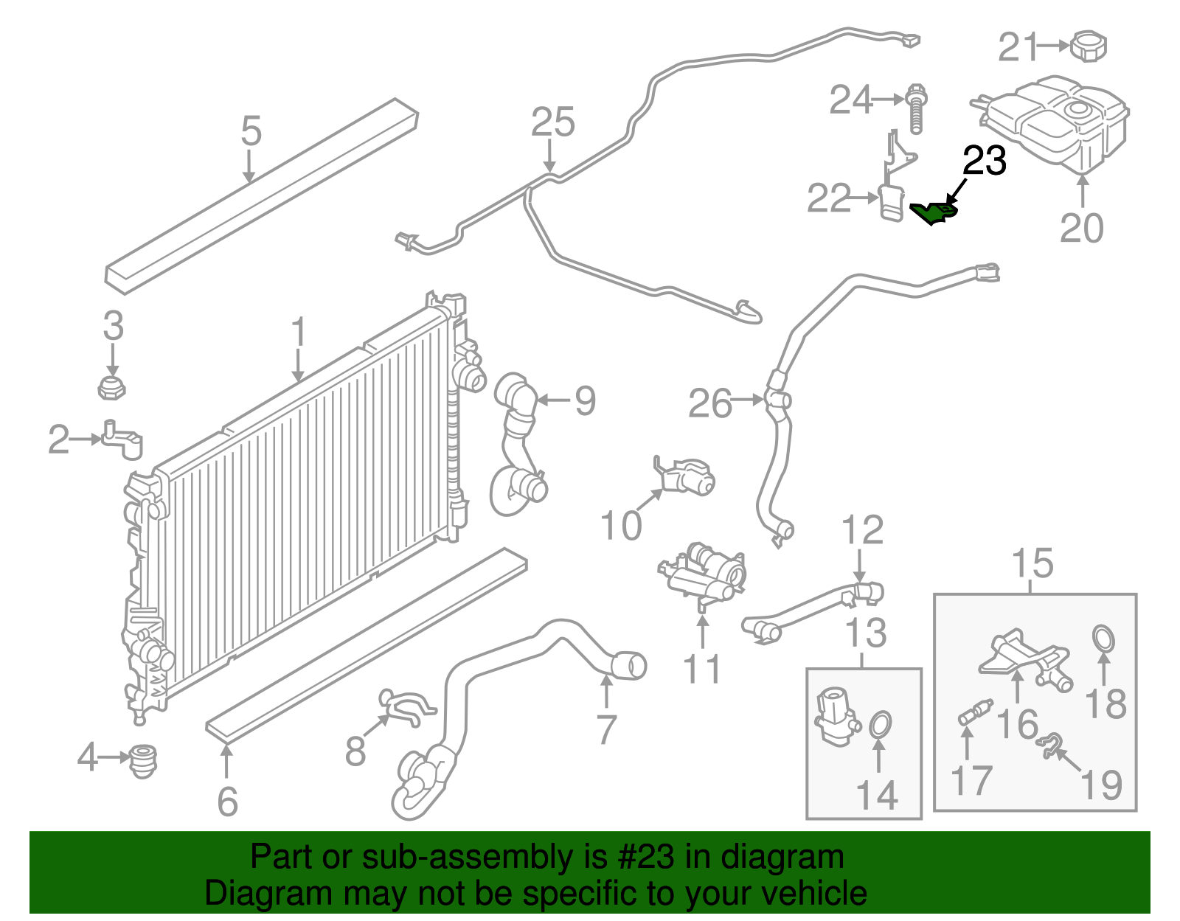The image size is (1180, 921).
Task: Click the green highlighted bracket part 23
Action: click(x=934, y=213)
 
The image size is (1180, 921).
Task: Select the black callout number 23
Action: click(x=985, y=161)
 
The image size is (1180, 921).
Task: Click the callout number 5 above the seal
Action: click(x=251, y=131)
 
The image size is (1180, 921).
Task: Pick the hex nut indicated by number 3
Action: click(x=111, y=387)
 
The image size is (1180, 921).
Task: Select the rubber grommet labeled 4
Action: click(x=142, y=761)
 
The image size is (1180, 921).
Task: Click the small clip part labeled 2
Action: click(x=122, y=440)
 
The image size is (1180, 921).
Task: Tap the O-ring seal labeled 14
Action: click(x=880, y=725)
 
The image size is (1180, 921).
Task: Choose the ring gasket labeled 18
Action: click(x=1103, y=639)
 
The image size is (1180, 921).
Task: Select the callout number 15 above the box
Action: click(x=1032, y=564)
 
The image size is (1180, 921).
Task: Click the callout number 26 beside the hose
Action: click(x=709, y=403)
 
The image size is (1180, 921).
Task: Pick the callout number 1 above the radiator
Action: click(x=298, y=333)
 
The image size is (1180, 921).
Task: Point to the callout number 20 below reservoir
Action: click(x=1081, y=228)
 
